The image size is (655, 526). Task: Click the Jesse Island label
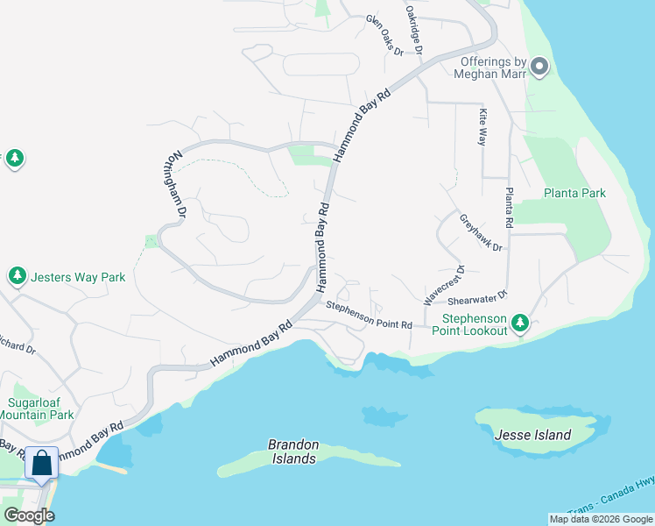click(x=532, y=435)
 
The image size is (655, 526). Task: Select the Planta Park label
click(x=574, y=193)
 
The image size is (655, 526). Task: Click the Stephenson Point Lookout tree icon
click(x=520, y=323)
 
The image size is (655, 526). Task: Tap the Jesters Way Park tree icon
click(x=17, y=277)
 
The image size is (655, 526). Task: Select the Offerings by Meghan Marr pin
click(x=539, y=66)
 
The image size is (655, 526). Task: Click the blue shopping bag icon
click(x=41, y=462)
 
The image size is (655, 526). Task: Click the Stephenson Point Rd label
click(x=369, y=314)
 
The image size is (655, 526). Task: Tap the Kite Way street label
click(x=482, y=126)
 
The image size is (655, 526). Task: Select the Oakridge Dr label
click(x=413, y=28)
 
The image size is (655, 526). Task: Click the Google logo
click(x=29, y=515)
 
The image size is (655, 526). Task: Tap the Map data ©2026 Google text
click(x=600, y=519)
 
